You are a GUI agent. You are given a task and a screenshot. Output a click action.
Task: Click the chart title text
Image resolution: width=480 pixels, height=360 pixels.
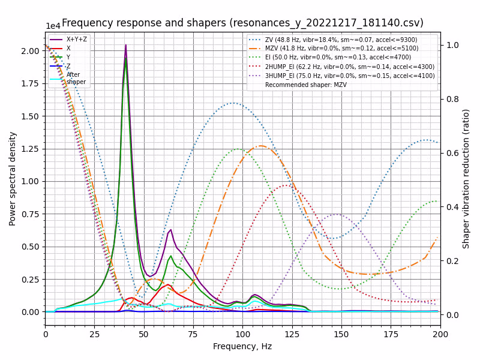click(x=242, y=23)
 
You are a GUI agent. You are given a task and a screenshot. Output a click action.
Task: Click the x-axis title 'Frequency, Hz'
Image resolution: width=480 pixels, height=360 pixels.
click(x=242, y=346)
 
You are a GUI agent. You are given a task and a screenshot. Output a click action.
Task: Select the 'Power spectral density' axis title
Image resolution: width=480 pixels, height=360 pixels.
click(x=13, y=179)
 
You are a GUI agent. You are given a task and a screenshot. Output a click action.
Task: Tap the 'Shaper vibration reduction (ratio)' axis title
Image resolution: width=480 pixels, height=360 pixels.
click(x=466, y=179)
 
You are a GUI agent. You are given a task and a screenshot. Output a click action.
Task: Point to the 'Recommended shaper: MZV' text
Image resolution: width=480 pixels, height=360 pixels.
click(x=305, y=85)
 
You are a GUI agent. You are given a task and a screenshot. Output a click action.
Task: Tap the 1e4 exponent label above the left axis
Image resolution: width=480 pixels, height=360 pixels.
click(x=53, y=26)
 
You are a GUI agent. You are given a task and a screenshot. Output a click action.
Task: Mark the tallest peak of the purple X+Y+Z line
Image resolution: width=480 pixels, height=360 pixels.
click(x=125, y=45)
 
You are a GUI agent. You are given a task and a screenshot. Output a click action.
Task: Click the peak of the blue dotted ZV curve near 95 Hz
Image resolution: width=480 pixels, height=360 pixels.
click(x=233, y=103)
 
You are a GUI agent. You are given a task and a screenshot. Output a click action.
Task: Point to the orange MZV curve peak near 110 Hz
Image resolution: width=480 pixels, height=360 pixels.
click(x=261, y=146)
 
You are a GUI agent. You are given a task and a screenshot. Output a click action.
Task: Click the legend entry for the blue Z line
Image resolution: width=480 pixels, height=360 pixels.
click(x=68, y=66)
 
